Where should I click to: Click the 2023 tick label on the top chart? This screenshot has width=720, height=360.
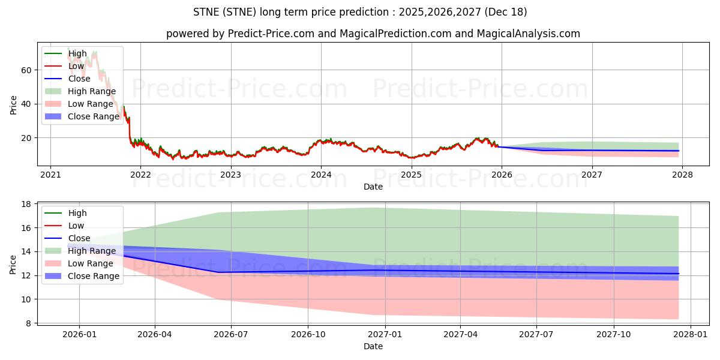coord(230,175)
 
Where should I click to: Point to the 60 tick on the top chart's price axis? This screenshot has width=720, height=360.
coord(26,70)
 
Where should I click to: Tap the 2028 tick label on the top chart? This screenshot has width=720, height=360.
coord(682,175)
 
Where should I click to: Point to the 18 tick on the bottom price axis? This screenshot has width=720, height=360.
coord(26,205)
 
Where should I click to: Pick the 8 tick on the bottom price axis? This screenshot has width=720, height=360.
coord(28,323)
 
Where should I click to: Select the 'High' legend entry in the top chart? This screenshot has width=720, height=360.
coord(77,53)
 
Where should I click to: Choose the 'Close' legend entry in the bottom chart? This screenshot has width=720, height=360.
coord(79,238)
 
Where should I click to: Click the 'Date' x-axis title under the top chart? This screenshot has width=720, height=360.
coord(373,187)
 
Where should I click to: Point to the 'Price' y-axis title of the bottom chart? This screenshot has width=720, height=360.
coord(13,264)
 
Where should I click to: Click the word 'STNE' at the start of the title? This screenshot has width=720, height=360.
coord(206,12)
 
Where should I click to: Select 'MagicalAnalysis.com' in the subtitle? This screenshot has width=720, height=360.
coord(528,34)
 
